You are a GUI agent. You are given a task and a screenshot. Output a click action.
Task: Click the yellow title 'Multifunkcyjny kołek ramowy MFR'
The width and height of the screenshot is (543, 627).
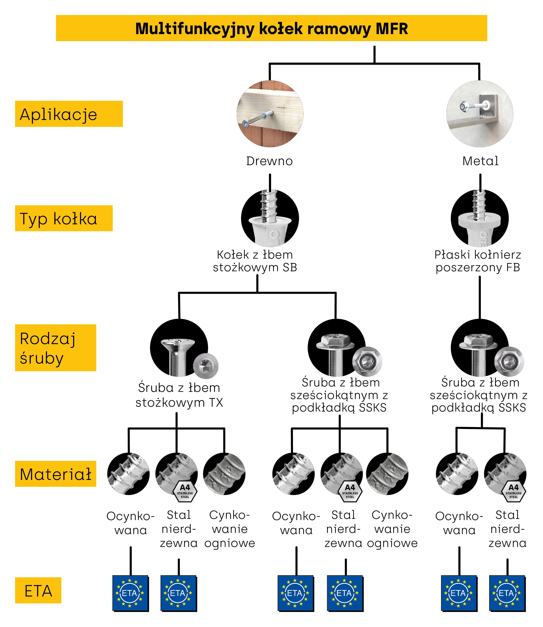(271, 28)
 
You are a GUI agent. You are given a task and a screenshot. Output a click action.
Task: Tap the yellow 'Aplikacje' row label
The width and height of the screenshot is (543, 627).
(69, 114)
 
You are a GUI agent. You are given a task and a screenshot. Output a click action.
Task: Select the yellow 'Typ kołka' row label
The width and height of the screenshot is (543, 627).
(64, 218)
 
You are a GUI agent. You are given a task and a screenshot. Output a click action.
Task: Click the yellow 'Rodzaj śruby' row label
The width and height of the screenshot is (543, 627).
(56, 348)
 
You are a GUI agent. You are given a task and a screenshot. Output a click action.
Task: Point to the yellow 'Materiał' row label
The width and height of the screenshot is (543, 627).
(56, 474)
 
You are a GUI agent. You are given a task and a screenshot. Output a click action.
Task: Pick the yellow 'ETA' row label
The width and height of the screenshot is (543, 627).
(38, 591)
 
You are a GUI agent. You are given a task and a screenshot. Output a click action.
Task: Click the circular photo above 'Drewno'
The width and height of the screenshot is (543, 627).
(270, 114)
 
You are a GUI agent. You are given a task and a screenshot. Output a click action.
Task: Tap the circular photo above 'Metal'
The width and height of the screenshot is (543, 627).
(480, 114)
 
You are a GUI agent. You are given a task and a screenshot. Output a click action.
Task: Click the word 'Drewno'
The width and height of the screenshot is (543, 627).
(269, 161)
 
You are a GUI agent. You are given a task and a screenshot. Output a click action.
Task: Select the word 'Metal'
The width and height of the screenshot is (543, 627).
(480, 161)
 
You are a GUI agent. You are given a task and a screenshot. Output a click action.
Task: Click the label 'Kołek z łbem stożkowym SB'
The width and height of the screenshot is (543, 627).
(255, 261)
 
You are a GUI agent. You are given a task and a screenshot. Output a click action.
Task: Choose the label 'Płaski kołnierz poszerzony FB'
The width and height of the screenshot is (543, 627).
(478, 261)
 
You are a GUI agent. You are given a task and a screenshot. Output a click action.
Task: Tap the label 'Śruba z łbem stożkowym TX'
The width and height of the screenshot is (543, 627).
(179, 395)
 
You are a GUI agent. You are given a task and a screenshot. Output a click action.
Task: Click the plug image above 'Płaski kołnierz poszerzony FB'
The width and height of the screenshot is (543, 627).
(480, 218)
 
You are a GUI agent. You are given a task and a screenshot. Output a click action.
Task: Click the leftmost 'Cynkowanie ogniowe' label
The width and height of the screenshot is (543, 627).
(230, 529)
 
